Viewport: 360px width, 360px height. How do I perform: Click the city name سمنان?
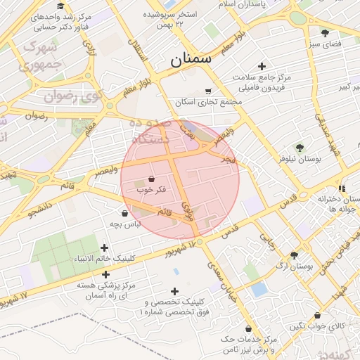(191, 60)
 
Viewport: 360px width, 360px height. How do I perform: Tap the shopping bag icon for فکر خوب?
(152, 179)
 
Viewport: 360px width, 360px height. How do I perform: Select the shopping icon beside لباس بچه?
(125, 213)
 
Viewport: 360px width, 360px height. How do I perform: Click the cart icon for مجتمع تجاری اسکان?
(208, 91)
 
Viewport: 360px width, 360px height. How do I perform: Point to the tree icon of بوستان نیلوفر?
(300, 148)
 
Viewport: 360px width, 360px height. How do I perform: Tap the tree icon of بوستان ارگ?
(293, 255)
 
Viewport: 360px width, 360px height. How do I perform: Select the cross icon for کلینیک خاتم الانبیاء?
(105, 247)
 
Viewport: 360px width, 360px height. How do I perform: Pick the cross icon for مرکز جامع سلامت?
(262, 66)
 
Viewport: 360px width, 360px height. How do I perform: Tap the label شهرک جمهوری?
(42, 56)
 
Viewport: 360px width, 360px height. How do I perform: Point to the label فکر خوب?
(151, 190)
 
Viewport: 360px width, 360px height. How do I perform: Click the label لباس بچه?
(125, 224)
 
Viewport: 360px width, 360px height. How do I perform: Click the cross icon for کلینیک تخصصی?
(174, 291)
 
